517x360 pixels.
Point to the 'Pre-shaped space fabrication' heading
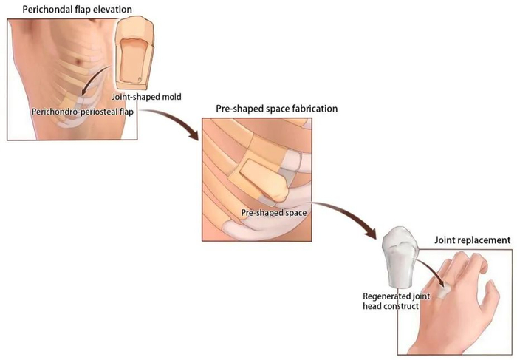(276, 108)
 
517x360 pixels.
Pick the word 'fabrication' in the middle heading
(313, 108)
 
